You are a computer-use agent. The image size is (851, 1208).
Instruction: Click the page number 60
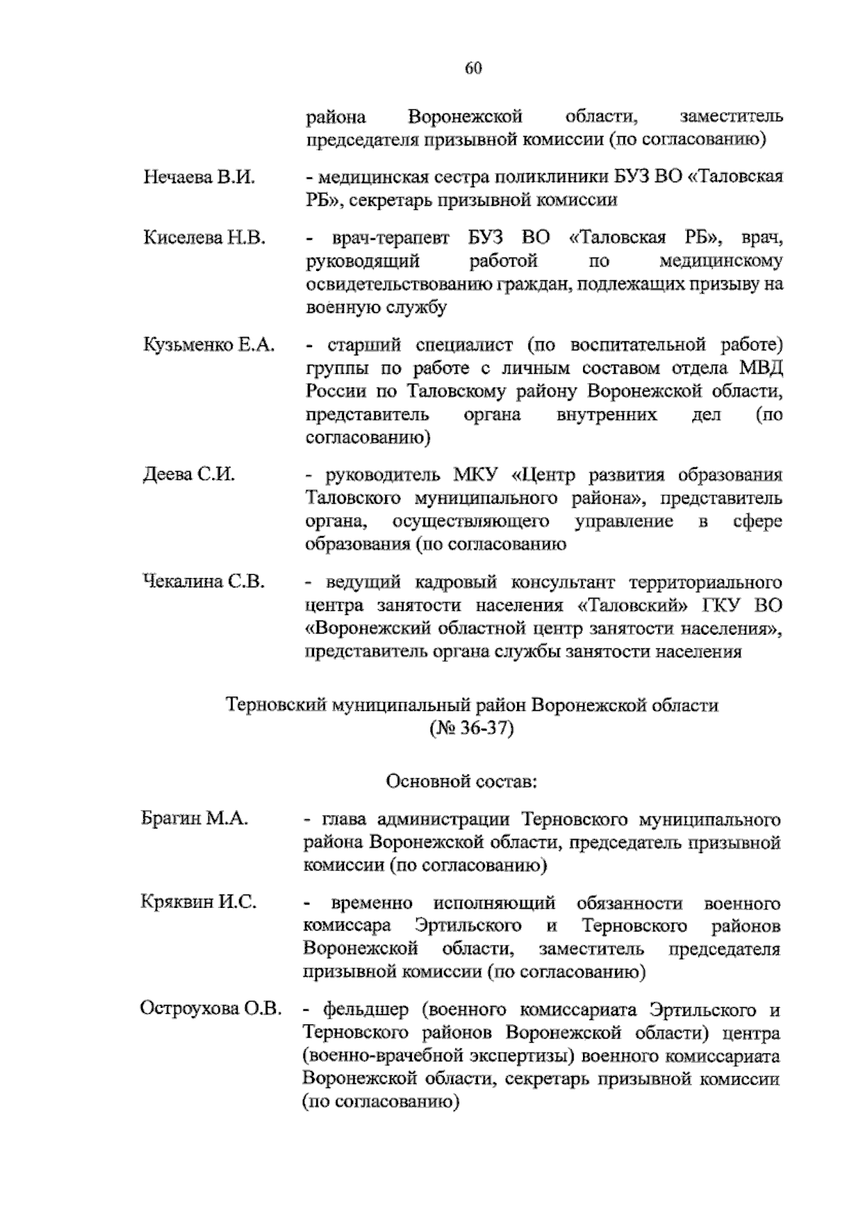tap(474, 68)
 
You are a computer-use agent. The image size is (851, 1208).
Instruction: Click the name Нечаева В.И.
tap(199, 177)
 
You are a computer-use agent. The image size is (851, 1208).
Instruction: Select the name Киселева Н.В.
tap(204, 238)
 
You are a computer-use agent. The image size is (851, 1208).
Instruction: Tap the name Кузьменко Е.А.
tap(209, 345)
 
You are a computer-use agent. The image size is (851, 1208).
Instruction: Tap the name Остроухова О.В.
tap(211, 1009)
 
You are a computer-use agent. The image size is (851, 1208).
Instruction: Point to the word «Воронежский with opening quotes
tap(365, 628)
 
